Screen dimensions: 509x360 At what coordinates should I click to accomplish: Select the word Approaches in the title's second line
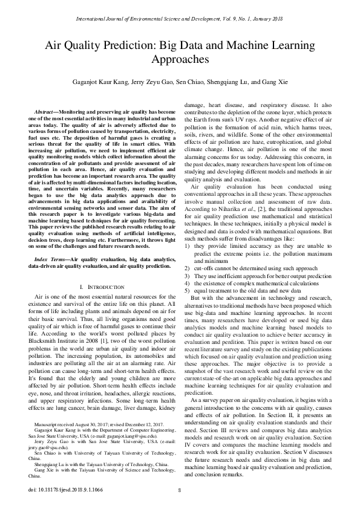(x=180, y=60)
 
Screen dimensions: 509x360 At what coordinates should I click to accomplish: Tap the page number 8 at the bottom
(x=180, y=490)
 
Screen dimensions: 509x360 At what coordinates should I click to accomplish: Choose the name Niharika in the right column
(x=222, y=208)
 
